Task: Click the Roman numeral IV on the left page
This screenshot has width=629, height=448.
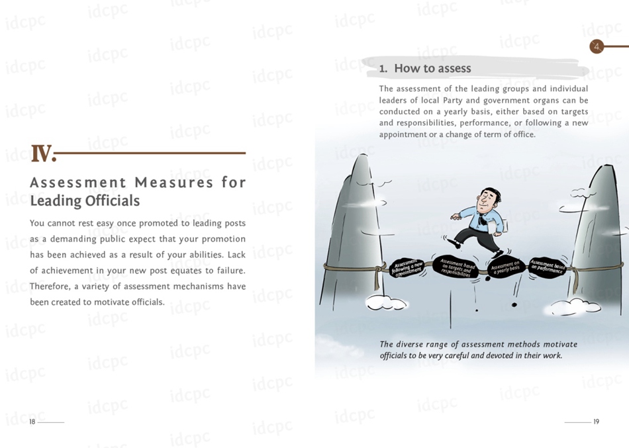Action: click(x=42, y=154)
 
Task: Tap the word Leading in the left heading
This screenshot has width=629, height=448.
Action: click(x=54, y=201)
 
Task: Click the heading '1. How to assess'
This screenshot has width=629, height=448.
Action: click(x=425, y=68)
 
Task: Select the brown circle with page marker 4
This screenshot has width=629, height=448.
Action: click(x=597, y=46)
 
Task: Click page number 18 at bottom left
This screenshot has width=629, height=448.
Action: click(x=32, y=422)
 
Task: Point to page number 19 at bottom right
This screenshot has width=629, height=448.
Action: click(x=596, y=422)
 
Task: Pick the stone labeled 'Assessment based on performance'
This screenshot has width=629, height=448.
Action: click(x=548, y=266)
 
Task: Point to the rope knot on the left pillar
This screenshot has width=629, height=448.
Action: click(x=382, y=271)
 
